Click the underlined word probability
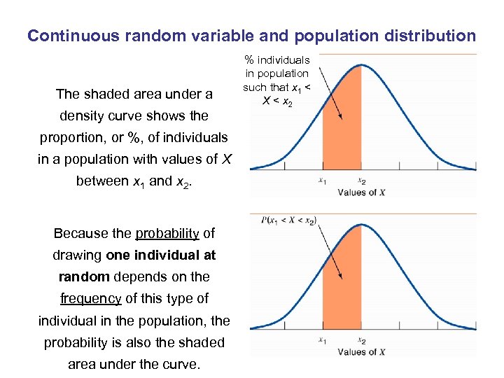167,233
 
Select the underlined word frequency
90,298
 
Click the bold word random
90,276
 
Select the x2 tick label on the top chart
362,181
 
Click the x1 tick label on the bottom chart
322,341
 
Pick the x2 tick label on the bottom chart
362,341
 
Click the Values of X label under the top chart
361,192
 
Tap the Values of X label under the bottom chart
361,351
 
